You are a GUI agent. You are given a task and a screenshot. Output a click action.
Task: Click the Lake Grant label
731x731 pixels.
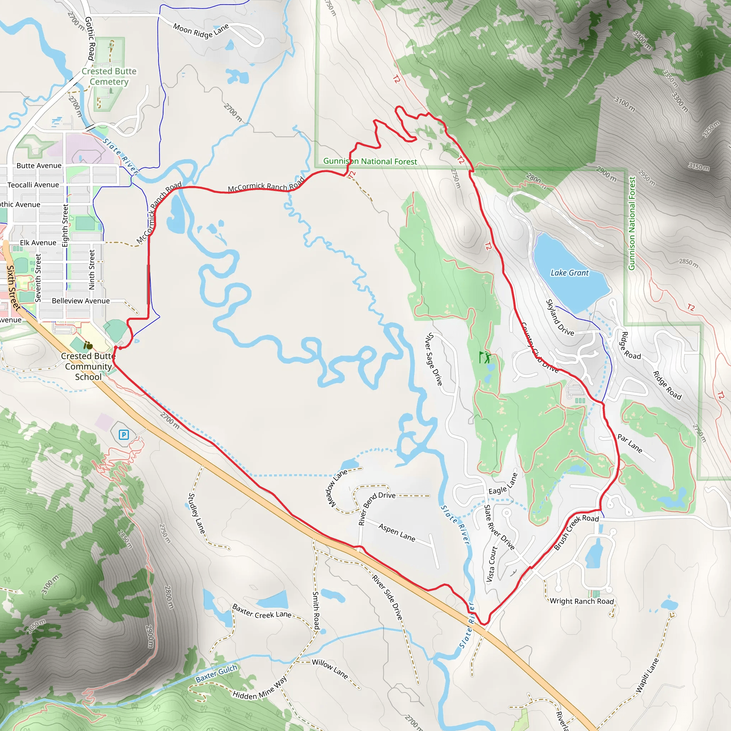[x=569, y=273]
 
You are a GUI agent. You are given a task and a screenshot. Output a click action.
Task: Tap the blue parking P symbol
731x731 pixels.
[x=124, y=435]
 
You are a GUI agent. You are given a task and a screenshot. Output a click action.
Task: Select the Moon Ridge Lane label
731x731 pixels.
[x=201, y=31]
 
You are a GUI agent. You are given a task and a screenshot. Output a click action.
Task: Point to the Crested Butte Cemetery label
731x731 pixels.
[x=109, y=76]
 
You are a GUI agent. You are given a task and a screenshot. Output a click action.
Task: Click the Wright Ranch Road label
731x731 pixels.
[x=581, y=601]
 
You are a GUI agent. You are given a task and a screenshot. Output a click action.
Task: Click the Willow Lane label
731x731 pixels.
[x=330, y=669]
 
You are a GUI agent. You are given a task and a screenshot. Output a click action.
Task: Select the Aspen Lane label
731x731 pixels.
[x=397, y=532]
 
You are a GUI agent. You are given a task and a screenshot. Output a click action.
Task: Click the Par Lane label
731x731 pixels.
[x=630, y=443]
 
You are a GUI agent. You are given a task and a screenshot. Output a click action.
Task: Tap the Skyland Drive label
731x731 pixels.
[x=560, y=318]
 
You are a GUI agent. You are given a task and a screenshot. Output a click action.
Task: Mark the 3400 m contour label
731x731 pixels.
[x=642, y=40]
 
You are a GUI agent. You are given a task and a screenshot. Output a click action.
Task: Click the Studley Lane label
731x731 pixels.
[x=197, y=513]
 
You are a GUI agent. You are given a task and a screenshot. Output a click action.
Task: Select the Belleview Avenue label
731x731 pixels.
[x=81, y=301]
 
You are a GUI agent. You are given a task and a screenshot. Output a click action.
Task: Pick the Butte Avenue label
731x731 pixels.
[x=39, y=166]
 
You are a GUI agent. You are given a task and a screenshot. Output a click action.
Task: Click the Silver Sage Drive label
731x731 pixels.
[x=434, y=359]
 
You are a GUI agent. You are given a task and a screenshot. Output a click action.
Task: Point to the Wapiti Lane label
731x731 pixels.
[x=647, y=676]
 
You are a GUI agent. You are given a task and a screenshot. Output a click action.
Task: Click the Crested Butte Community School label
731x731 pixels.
[x=88, y=366]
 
